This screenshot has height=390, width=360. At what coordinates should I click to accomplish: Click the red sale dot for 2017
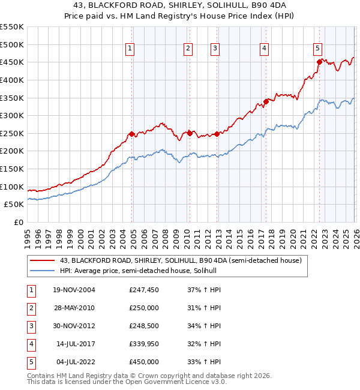coord(266,101)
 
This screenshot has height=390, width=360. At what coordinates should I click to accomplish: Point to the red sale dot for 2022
coord(319,62)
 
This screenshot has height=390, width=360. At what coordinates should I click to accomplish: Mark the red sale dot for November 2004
coord(132,134)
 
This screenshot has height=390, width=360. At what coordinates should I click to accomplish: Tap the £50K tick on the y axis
coord(14,205)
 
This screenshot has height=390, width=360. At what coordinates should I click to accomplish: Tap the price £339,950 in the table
coord(144,344)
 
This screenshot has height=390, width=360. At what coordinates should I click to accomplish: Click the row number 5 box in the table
coord(29,362)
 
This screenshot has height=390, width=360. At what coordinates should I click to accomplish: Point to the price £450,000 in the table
coord(144,362)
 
